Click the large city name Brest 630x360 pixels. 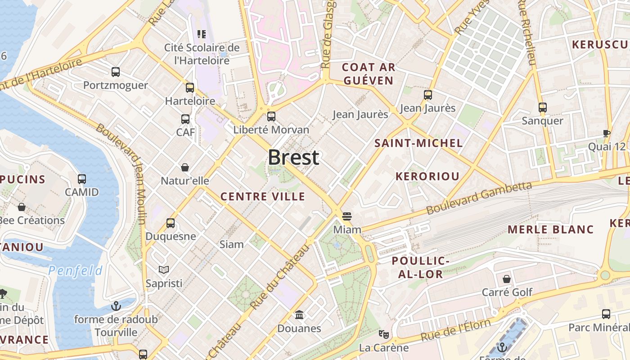tap(293, 157)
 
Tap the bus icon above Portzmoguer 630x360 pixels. tap(116, 72)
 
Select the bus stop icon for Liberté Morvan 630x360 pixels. tap(271, 117)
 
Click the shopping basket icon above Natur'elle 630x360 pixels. tap(184, 167)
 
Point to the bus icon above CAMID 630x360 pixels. tap(81, 179)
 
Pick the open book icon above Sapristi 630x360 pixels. tap(164, 270)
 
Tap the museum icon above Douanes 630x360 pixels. tap(299, 315)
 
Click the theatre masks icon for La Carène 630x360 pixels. tap(383, 334)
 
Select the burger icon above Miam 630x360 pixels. tap(346, 216)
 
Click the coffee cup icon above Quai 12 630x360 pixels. tap(606, 133)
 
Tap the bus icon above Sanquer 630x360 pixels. tap(542, 107)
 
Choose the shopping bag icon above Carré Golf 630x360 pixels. tap(507, 279)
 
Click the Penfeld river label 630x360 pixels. tap(75, 270)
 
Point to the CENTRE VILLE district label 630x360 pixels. tap(263, 197)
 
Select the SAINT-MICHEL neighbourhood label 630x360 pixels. tap(418, 143)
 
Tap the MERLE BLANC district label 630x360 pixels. tap(550, 229)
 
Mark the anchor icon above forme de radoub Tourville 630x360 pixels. tap(116, 306)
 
